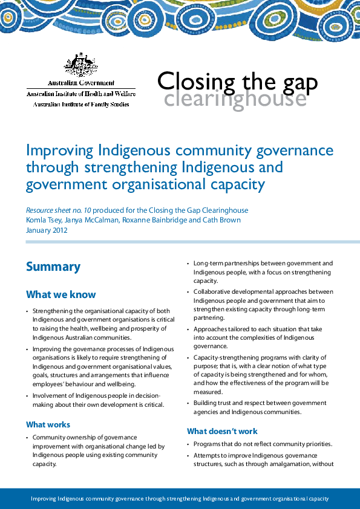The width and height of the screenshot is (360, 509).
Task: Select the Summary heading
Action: point(53,267)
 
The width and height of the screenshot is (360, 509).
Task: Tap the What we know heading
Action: point(61,294)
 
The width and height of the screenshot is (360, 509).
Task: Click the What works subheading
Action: point(48,424)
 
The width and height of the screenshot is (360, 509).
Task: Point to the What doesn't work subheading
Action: point(222,431)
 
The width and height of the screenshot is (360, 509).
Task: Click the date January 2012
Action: point(47,230)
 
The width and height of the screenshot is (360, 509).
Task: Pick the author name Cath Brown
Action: point(223,220)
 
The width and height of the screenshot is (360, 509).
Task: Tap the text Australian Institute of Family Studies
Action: point(81,104)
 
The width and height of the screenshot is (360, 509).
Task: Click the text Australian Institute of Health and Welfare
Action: point(81,94)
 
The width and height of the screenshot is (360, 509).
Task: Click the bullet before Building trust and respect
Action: point(189,403)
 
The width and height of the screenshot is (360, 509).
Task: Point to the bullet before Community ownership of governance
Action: point(27,437)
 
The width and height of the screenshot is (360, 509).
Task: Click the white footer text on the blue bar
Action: point(180,499)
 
